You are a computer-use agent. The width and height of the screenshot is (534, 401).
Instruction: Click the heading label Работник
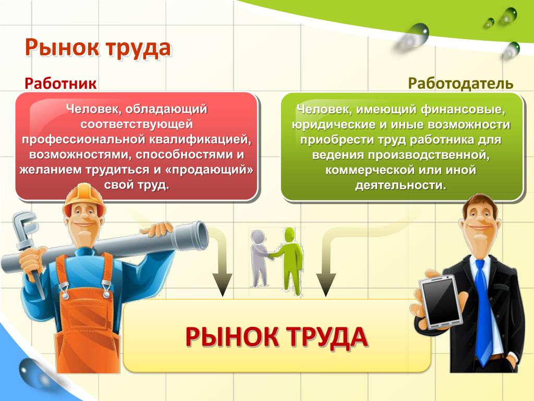60,84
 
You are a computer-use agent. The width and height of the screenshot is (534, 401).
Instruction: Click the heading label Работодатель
460,84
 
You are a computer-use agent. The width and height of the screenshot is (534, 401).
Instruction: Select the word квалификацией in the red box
202,139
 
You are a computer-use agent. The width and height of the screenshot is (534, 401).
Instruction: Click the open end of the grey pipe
201,236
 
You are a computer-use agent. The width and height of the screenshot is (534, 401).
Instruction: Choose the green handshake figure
289,261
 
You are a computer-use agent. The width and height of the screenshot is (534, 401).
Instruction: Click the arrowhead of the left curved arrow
222,285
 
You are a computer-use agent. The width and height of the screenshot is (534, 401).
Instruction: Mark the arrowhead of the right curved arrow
326,285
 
